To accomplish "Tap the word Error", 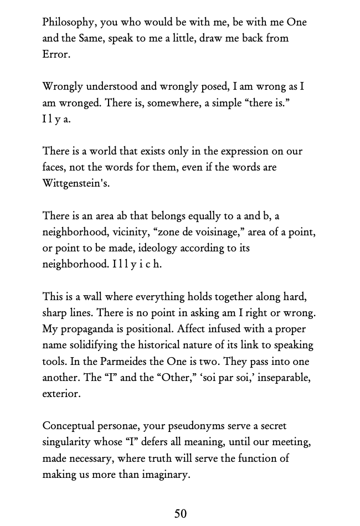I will point(55,54).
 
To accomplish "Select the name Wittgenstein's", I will point(76,183).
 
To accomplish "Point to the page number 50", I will point(181,513).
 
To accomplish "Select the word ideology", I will point(181,248).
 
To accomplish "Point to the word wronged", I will point(79,103).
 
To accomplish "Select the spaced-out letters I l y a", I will point(56,119).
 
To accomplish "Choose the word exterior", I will point(61,394).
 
